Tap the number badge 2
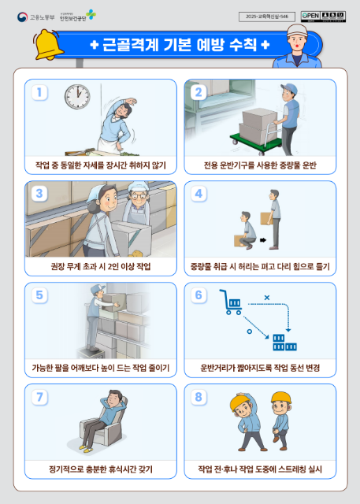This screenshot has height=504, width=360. [199, 92]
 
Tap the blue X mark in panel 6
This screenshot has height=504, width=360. [267, 297]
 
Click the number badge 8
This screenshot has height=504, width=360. [199, 396]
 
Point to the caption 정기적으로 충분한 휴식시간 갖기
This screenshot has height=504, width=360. [101, 470]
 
